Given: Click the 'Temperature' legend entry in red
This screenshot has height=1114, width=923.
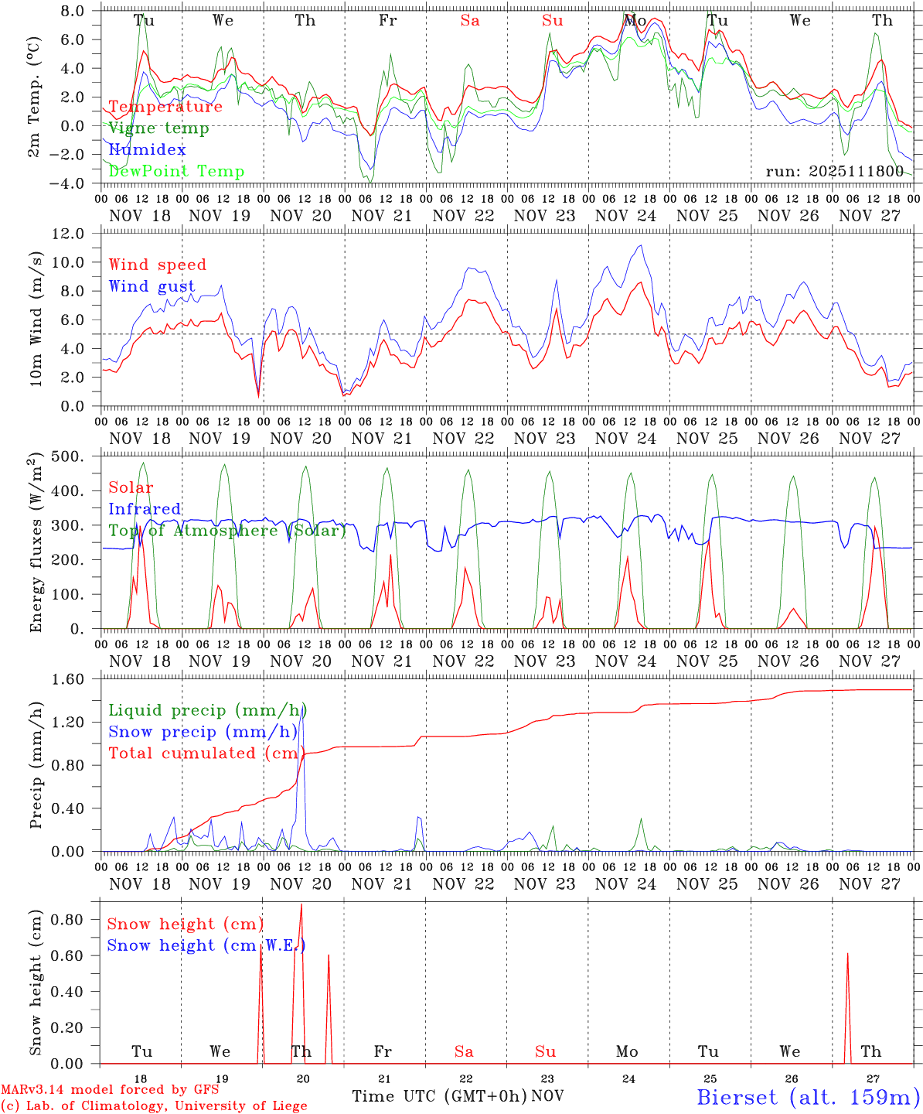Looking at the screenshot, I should [x=165, y=107].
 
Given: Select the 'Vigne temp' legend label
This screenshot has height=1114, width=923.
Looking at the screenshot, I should [x=158, y=128].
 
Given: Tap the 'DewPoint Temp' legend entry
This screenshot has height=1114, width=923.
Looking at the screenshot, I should [x=176, y=172].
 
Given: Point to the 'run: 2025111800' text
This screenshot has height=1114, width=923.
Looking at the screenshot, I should [x=834, y=171].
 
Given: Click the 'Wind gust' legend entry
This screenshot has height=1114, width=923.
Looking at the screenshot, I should [x=152, y=286].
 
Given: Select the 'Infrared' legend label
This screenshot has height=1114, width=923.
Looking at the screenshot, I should [x=145, y=509].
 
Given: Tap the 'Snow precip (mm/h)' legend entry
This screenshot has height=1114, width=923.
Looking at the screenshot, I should [x=203, y=732].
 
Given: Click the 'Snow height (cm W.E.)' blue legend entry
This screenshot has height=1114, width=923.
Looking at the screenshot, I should [x=206, y=945].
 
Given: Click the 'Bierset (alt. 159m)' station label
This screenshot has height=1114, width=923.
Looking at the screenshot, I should [x=808, y=1096].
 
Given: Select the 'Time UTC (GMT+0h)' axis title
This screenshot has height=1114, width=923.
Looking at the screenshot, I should [x=440, y=1096].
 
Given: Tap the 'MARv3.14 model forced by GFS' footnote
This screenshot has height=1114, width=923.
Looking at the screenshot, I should [x=110, y=1090].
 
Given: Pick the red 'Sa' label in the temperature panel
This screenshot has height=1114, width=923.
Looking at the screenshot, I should [x=470, y=21].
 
